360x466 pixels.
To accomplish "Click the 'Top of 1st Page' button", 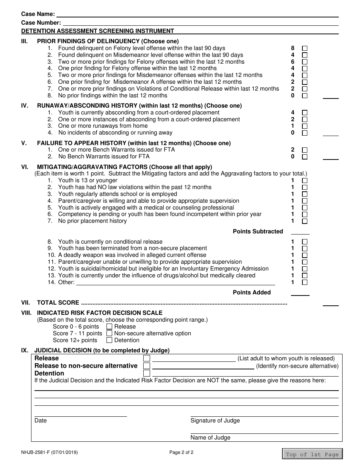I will [x=312, y=454].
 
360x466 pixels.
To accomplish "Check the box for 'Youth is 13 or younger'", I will [x=305, y=181].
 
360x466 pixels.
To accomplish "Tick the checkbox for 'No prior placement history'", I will [x=305, y=221].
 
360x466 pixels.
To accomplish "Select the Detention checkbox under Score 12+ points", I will [x=110, y=340].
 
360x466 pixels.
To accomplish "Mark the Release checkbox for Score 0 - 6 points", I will [x=110, y=327].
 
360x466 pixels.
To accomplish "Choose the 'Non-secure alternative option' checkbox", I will [x=110, y=333].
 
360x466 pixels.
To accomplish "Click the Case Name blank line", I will [x=197, y=14].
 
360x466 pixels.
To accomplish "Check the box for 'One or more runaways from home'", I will [x=305, y=126].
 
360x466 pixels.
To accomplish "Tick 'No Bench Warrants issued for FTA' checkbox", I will [x=305, y=157].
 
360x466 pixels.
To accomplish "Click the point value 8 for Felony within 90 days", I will [x=293, y=48].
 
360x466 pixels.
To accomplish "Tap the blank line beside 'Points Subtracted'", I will [x=300, y=231].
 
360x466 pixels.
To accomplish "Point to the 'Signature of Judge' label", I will [x=215, y=421].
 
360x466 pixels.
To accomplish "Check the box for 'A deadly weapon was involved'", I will [x=305, y=255].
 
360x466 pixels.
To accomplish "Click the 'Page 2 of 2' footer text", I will [x=181, y=452].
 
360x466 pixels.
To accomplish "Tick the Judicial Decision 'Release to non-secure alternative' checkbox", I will [x=147, y=366].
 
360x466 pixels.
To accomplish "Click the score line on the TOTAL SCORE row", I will [x=330, y=303].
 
